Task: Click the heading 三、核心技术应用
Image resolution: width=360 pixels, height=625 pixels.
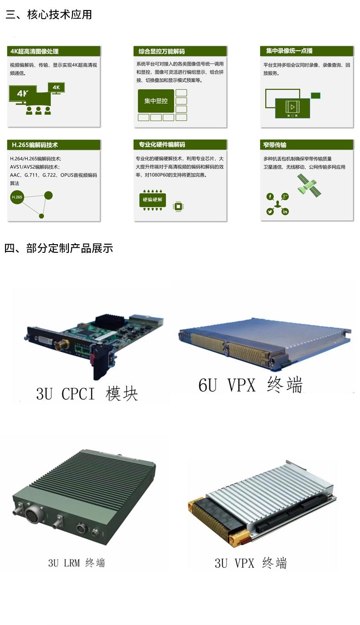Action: coord(49,15)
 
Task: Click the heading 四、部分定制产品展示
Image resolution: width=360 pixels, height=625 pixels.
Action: coord(59,248)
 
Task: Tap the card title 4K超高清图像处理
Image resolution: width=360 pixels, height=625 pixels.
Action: coord(34,51)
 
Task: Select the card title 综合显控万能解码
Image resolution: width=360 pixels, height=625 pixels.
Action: coord(162,51)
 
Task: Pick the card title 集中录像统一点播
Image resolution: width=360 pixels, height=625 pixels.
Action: coord(289,51)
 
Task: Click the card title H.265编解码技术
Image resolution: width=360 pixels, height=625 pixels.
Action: coord(35,145)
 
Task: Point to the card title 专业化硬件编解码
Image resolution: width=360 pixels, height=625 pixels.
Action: coord(162,144)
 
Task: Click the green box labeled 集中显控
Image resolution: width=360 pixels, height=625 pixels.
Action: coord(156,101)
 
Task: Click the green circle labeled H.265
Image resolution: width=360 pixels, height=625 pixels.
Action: coord(17,197)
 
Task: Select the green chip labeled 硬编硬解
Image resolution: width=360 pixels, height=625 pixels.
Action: coord(152,200)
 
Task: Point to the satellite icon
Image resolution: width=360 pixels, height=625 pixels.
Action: coord(309,185)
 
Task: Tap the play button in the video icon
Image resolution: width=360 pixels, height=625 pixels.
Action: coord(293,107)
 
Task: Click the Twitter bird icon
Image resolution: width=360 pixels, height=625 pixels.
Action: coord(270,211)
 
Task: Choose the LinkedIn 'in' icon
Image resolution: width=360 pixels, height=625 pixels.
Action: coord(285,211)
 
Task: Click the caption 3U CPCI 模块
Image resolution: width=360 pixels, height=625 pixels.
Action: coord(87,394)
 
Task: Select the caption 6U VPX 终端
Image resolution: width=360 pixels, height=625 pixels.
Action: coord(251,385)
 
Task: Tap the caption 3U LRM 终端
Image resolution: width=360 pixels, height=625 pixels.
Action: coord(77,563)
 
